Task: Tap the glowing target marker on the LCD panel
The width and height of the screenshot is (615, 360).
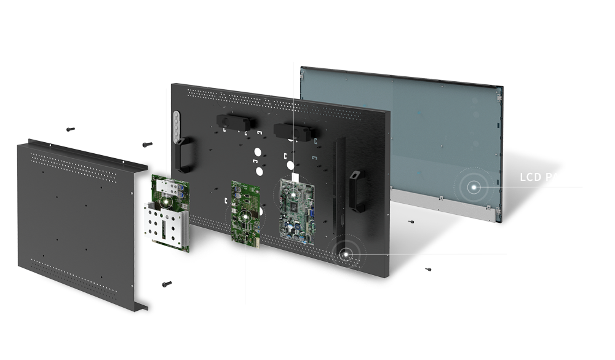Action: pos(474,186)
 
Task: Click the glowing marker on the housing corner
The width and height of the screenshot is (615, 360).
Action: pos(345,253)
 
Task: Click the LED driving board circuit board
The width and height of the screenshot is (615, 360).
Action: pos(245,215)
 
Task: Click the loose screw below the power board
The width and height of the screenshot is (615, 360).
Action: pos(165,284)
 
